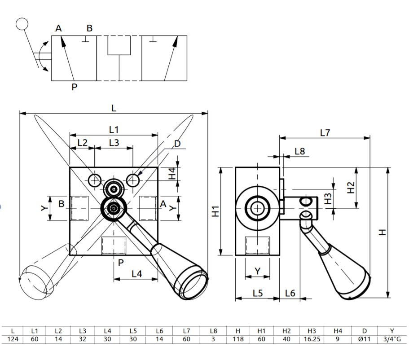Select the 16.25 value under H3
pos(312,339)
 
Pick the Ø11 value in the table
pos(364,339)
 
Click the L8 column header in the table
pos(213,331)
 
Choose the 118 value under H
pos(238,339)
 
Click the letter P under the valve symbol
pos(74,87)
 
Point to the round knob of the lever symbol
pos(22,23)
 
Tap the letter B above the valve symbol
pos(89,28)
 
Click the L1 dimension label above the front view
pos(114,129)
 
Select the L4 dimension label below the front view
pos(137,273)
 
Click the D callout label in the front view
pos(177,144)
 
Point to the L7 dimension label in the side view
pos(325,132)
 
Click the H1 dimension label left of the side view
pos(216,211)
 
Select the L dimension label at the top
pos(114,108)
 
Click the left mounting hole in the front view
pos(94,180)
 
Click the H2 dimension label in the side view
pos(351,187)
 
